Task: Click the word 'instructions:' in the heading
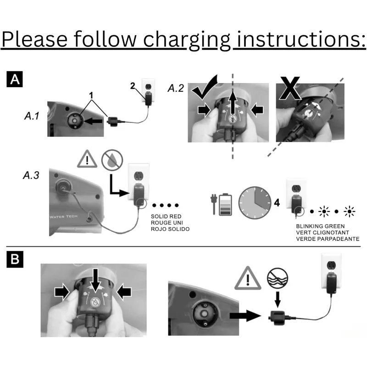click(x=301, y=40)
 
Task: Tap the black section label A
click(x=15, y=79)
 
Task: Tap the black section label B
click(x=15, y=260)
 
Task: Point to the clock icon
click(x=255, y=202)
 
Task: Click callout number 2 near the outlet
click(x=133, y=86)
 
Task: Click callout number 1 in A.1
click(x=92, y=95)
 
